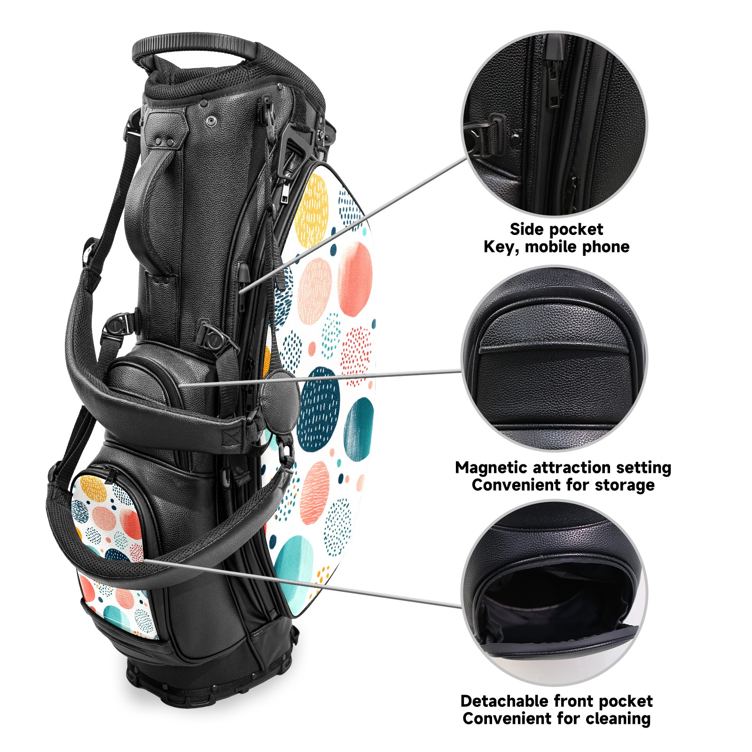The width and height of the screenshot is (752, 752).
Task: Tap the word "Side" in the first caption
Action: (x=526, y=229)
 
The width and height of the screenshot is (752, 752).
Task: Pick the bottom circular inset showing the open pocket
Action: (x=554, y=593)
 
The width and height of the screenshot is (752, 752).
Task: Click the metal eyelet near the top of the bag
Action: (x=211, y=122)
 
